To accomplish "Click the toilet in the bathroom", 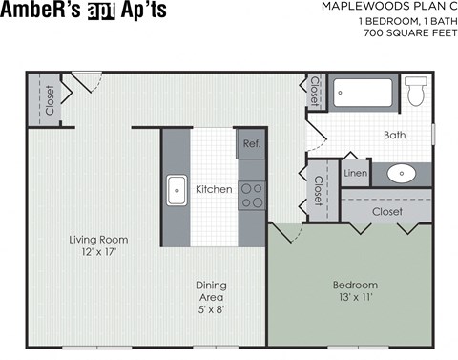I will tap(415, 92).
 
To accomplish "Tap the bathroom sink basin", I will tap(402, 175).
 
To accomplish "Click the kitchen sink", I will tap(177, 190).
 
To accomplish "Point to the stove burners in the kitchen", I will tap(252, 196).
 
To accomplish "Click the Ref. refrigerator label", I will tap(251, 144).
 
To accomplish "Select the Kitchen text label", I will tap(214, 189).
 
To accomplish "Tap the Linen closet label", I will tap(355, 174).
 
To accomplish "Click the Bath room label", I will tap(394, 136).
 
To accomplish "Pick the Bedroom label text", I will tap(355, 285).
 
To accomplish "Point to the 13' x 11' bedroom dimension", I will tap(355, 298).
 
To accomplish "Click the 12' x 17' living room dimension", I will tap(98, 253).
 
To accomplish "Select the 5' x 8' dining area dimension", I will tap(211, 309).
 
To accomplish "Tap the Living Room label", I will tap(98, 240).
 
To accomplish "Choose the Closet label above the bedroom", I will tap(386, 211).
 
